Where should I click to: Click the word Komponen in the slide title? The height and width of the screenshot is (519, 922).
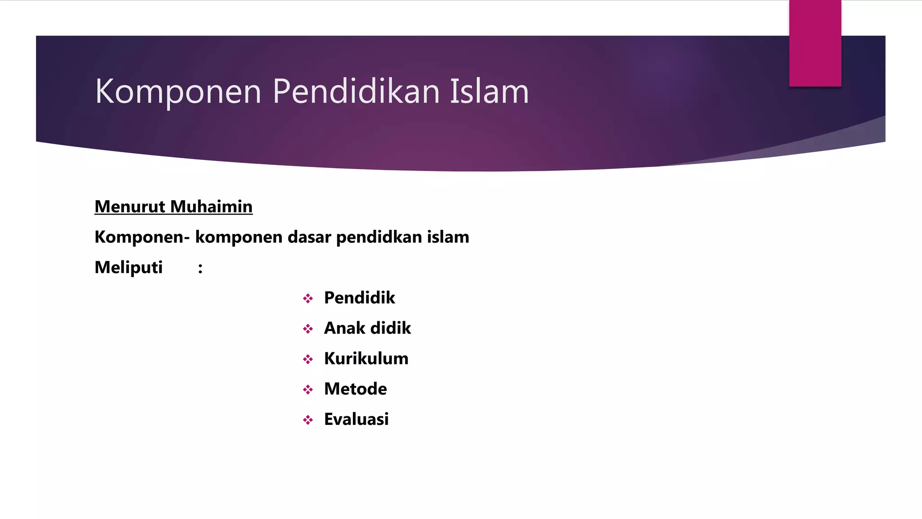(178, 92)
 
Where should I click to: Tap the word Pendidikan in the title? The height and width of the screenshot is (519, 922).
(356, 91)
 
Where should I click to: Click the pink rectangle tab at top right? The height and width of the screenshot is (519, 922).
(815, 43)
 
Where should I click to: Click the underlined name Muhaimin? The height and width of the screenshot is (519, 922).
(212, 207)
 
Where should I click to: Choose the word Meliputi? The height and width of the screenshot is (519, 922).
(128, 268)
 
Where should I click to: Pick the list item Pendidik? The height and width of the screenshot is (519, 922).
(359, 298)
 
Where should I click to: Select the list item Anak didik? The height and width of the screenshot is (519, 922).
(367, 328)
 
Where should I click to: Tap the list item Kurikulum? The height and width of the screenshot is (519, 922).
(366, 359)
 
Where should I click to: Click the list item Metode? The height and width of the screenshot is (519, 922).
(355, 389)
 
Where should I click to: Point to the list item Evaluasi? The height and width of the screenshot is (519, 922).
(356, 419)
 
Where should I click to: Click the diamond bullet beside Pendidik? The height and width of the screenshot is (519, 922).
(308, 299)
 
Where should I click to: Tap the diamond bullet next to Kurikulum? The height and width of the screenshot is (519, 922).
(308, 360)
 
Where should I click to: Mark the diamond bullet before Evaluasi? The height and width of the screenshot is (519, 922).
(308, 420)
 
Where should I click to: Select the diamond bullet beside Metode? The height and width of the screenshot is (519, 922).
(308, 390)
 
